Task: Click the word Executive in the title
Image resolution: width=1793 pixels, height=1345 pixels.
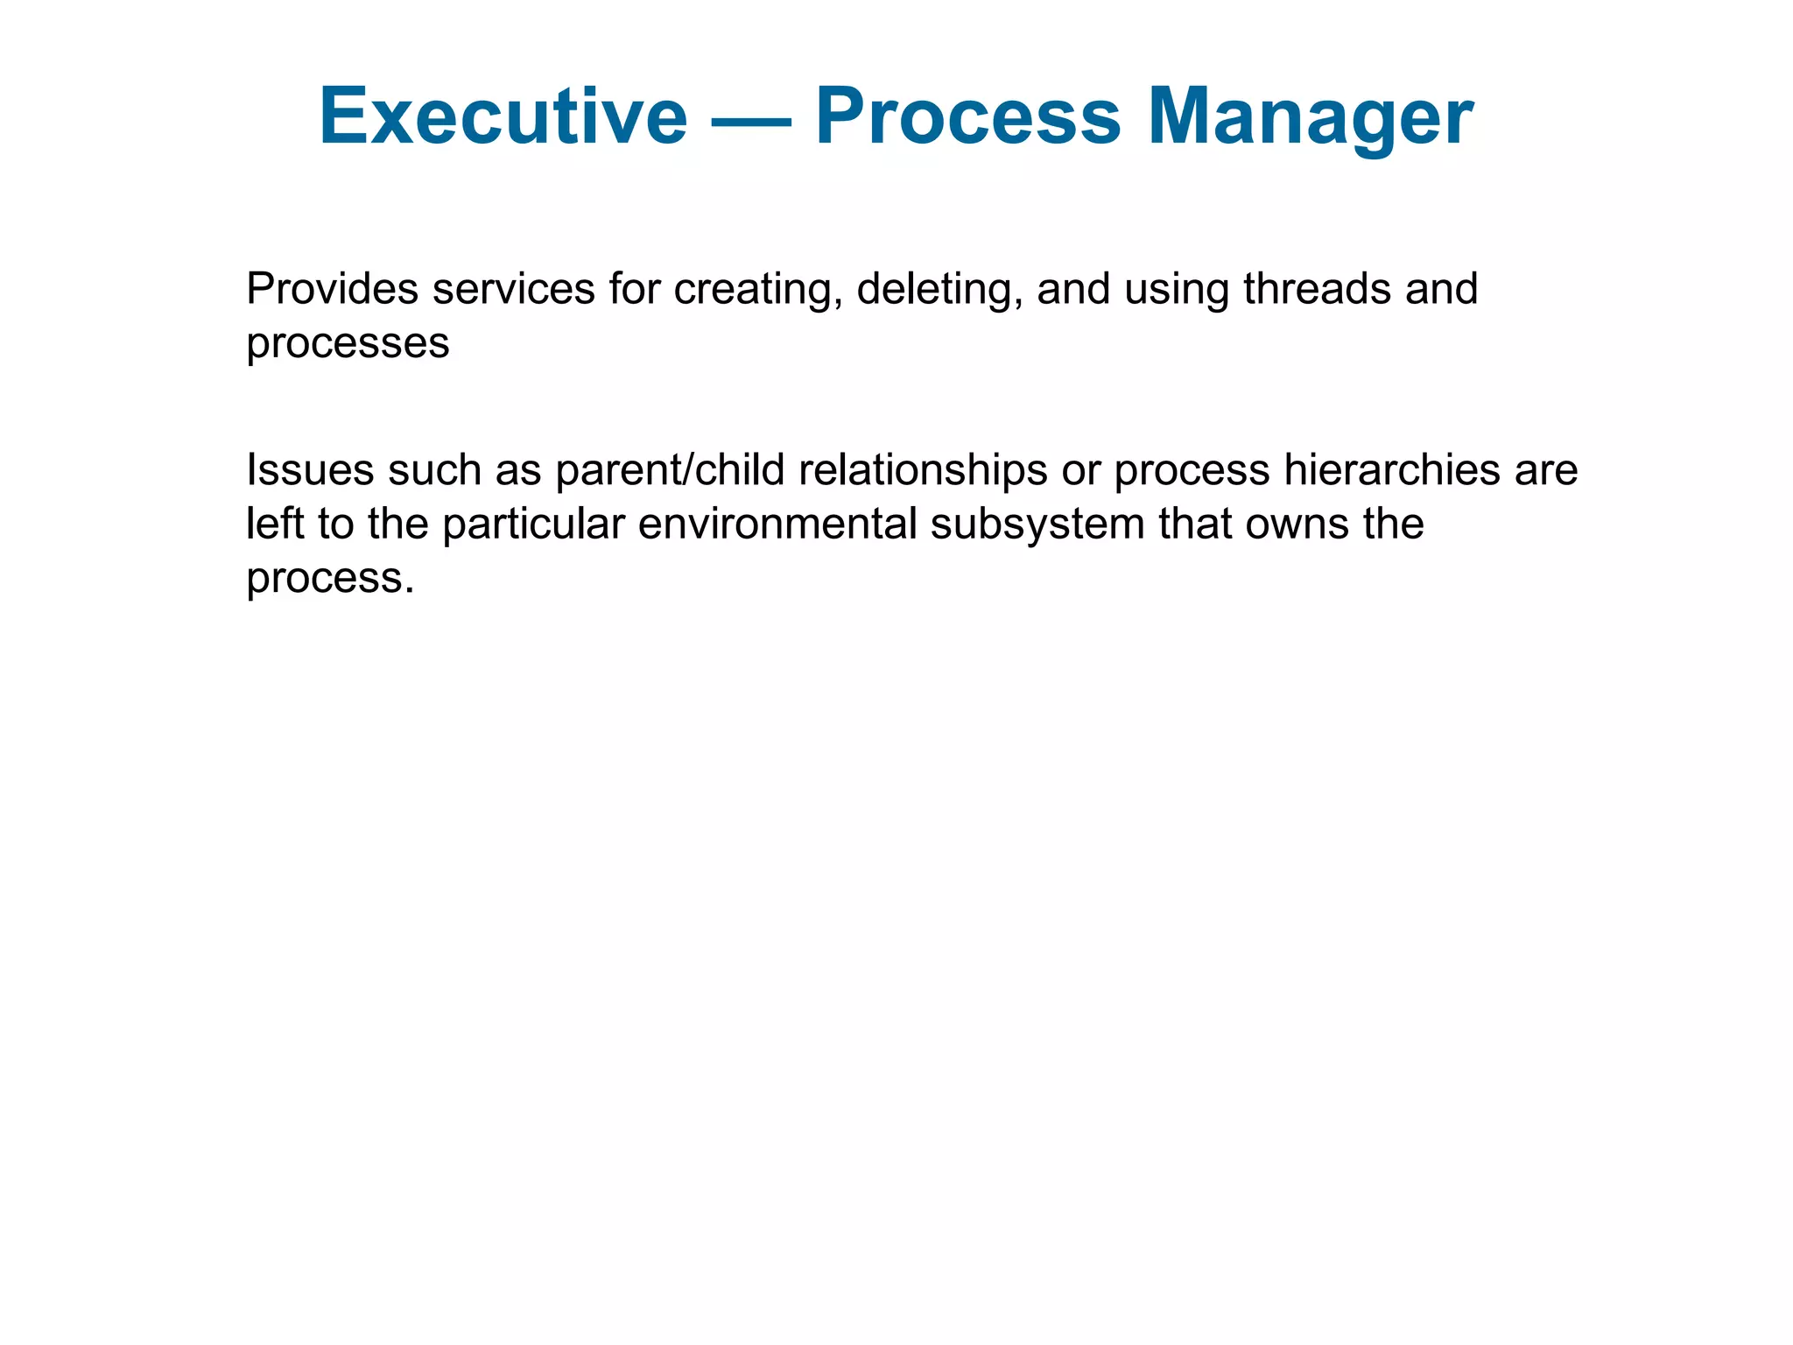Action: click(503, 116)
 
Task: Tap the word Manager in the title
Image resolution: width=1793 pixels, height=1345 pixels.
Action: click(1310, 116)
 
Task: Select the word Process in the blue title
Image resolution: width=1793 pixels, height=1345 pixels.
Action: click(967, 116)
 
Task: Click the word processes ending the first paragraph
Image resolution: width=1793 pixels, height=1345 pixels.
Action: click(348, 343)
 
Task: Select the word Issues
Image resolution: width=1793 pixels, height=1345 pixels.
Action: click(310, 470)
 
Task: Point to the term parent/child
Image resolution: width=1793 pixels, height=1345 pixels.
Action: click(670, 470)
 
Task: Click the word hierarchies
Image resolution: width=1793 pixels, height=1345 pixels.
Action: click(1393, 470)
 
